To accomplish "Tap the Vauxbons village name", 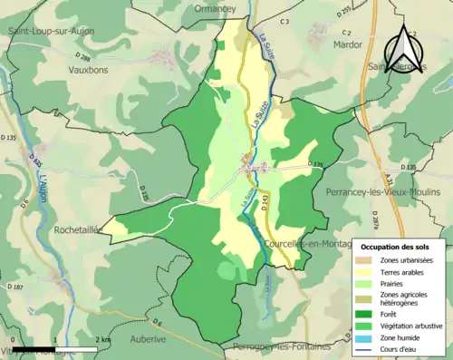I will pyautogui.click(x=87, y=68).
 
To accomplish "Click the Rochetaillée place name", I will pyautogui.click(x=83, y=230).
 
